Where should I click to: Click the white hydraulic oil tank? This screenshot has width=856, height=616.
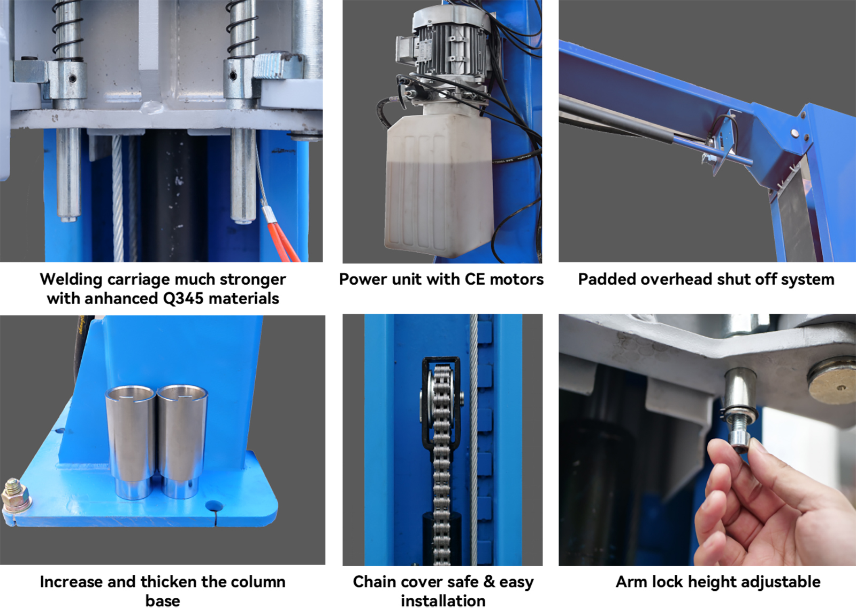point(439,184)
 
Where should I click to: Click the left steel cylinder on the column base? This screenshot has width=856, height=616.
point(131,442)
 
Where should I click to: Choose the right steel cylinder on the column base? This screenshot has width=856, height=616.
point(182,442)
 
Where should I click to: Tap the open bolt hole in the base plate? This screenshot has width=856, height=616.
point(214,506)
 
